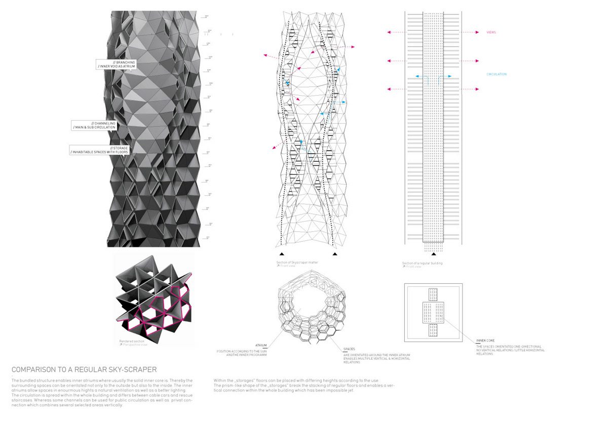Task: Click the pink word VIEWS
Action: (490, 32)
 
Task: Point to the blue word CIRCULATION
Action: (497, 74)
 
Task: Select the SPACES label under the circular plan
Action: (349, 349)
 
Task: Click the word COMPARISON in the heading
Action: (35, 369)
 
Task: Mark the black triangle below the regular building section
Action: (433, 253)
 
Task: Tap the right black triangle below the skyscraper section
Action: (335, 253)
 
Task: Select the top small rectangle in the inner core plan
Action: (433, 294)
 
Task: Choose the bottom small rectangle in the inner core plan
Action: (433, 330)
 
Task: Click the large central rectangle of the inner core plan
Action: (433, 312)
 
